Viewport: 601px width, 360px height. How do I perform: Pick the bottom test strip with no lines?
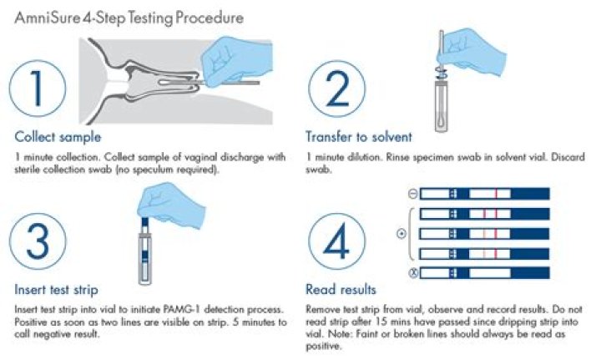(484, 273)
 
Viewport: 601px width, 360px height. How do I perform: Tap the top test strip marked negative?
(484, 194)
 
